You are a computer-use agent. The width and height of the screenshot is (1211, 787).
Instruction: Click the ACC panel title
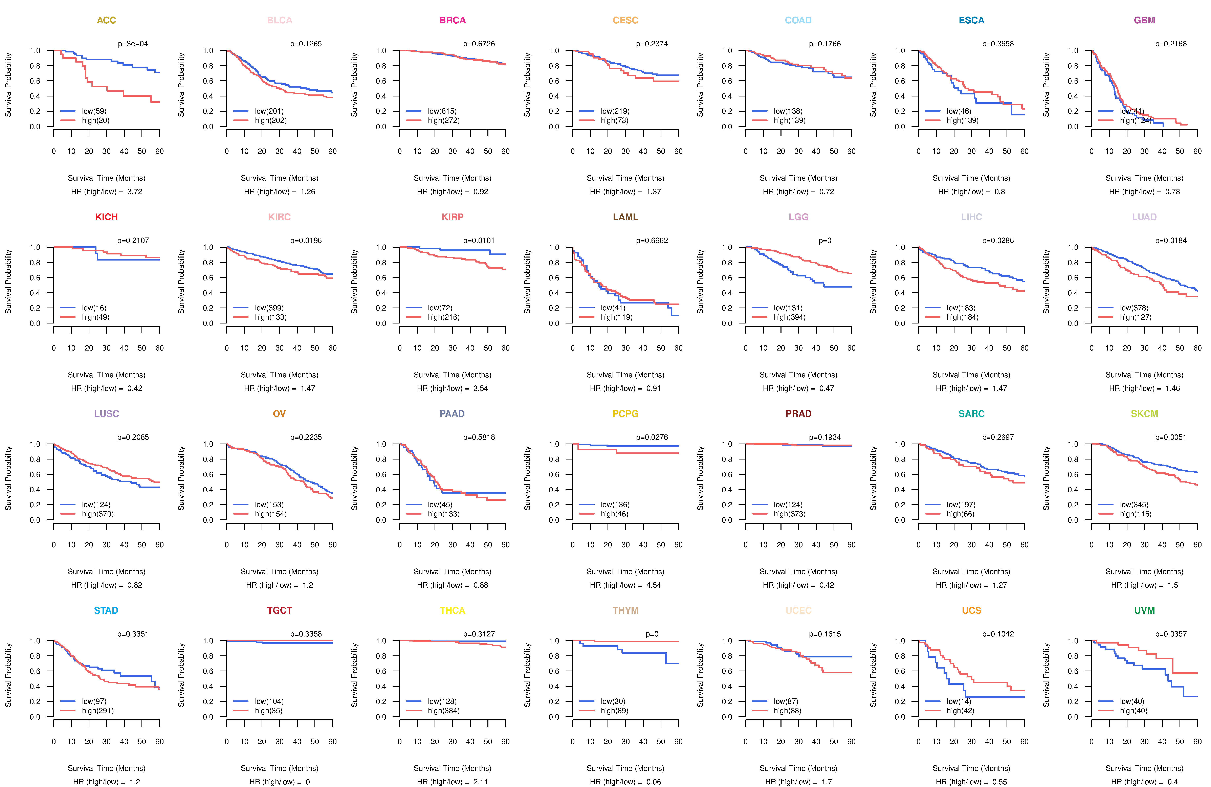click(106, 20)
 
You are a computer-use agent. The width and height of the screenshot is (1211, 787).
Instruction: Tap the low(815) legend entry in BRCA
click(442, 111)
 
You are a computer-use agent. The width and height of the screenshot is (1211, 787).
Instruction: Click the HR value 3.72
click(135, 192)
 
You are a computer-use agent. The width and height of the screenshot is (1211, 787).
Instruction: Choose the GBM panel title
click(1144, 20)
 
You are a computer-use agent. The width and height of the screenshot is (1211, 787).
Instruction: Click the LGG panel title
click(798, 217)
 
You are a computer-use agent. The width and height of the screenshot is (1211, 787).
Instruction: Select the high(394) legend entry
click(789, 317)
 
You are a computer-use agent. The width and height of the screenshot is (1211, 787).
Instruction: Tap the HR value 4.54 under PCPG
click(654, 585)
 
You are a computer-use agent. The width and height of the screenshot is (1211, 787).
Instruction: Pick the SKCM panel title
click(1144, 414)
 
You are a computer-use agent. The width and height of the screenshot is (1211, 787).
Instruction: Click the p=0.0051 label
click(1171, 437)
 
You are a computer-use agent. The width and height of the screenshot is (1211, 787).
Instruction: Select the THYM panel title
click(625, 610)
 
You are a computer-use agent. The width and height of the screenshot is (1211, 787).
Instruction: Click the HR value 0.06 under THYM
click(654, 782)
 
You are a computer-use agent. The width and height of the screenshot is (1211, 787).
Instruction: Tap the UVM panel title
click(1144, 610)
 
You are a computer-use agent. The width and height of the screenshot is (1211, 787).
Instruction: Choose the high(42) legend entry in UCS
click(960, 711)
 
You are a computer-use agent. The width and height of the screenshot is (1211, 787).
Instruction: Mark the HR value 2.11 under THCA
click(481, 782)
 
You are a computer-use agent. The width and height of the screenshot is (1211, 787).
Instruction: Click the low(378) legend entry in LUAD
click(1134, 308)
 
